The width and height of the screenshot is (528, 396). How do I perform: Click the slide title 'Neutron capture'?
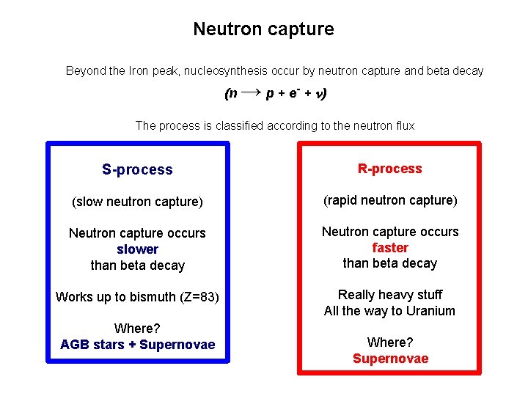click(x=263, y=29)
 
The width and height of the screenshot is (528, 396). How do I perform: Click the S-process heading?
click(x=137, y=170)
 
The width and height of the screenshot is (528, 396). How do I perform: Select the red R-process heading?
click(x=389, y=169)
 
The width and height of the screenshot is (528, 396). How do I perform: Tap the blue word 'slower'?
click(x=137, y=249)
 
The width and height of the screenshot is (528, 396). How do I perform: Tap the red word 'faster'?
click(x=389, y=248)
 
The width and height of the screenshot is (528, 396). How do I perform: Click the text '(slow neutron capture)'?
click(x=137, y=202)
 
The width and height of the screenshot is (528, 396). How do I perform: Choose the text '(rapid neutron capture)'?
click(x=389, y=200)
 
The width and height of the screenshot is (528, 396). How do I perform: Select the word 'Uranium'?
click(x=430, y=311)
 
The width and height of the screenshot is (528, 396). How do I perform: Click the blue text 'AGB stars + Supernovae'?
click(x=137, y=345)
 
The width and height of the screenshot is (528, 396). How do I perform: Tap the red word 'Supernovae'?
click(x=390, y=359)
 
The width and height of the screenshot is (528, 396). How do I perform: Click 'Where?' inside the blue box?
click(x=137, y=329)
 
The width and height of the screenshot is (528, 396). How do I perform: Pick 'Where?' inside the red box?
click(x=390, y=342)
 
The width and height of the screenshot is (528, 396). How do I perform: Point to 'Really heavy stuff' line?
click(x=389, y=295)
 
